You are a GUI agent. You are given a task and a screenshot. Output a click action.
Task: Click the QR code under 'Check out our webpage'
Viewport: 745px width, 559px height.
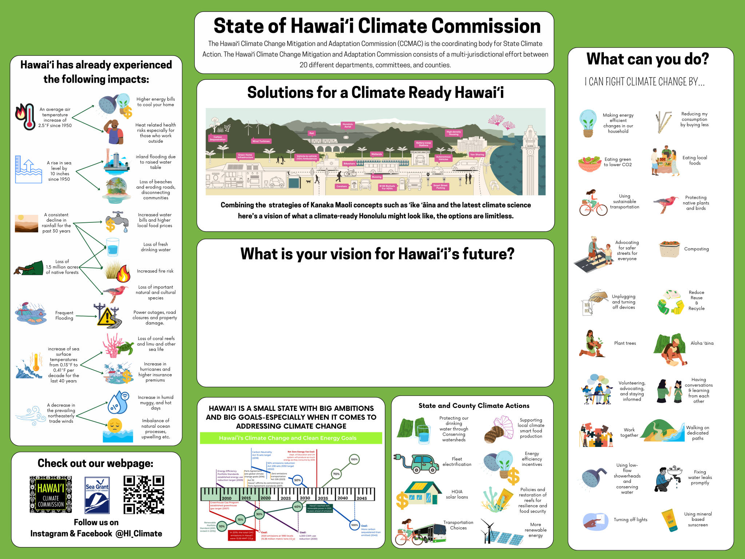click(x=144, y=495)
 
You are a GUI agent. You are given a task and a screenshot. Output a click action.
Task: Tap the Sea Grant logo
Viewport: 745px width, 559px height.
click(x=97, y=495)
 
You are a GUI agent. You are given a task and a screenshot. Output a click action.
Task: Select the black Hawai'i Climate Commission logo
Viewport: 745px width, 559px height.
click(x=51, y=495)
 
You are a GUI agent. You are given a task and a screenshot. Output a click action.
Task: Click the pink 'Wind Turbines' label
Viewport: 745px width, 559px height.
click(x=261, y=141)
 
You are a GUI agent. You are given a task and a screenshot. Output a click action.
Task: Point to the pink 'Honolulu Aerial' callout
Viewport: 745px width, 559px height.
click(x=348, y=126)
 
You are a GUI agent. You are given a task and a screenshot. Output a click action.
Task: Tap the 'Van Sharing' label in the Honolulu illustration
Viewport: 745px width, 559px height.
click(x=477, y=155)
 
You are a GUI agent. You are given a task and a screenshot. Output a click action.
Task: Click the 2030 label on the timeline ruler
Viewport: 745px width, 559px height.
click(x=305, y=498)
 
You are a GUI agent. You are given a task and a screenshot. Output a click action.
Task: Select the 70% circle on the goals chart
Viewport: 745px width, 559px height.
click(x=336, y=474)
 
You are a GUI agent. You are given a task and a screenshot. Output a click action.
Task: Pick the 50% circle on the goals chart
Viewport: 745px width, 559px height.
click(x=297, y=480)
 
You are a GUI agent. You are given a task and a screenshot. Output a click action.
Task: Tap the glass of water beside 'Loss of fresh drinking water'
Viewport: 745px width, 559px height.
click(x=112, y=247)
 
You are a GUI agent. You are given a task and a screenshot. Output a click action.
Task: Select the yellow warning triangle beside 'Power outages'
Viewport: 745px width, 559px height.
click(x=107, y=316)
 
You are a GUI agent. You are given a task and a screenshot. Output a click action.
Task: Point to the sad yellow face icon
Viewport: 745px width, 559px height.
click(x=115, y=425)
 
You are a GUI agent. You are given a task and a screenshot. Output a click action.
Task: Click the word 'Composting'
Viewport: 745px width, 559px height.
click(x=696, y=249)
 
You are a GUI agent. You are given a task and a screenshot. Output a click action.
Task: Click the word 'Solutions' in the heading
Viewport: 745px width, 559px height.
click(x=280, y=93)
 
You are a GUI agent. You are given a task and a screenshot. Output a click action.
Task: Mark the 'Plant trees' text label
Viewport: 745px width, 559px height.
click(x=625, y=343)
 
